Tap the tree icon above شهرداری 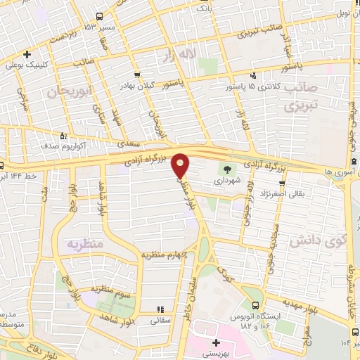(226, 169)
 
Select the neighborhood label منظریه (86, 245)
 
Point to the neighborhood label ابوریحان (70, 92)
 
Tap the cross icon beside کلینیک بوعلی (27, 54)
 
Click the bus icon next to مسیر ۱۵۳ (99, 16)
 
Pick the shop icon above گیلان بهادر (136, 74)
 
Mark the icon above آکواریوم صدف (64, 136)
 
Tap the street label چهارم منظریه (164, 254)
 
